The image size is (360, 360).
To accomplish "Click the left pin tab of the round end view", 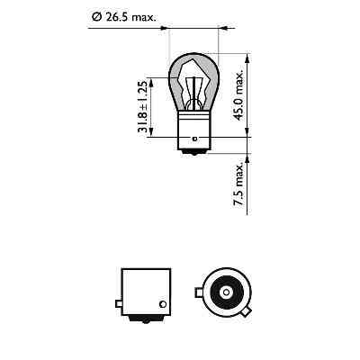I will click(197, 291).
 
